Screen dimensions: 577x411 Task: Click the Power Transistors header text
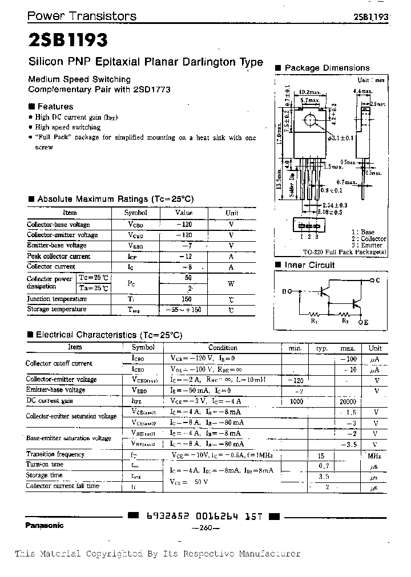(x=82, y=17)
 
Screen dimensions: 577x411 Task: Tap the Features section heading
(x=55, y=106)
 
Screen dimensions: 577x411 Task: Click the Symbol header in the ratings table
(x=135, y=213)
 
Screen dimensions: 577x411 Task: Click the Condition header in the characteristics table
(x=223, y=347)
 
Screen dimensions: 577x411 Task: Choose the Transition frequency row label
(x=55, y=454)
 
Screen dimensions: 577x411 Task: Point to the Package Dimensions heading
(x=327, y=68)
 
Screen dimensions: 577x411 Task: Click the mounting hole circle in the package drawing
(x=309, y=120)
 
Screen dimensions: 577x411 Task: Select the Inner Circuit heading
(x=309, y=265)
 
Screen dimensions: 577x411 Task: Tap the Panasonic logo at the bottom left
(x=44, y=525)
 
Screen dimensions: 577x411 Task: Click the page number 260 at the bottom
(x=203, y=529)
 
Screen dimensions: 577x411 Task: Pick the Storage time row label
(x=45, y=475)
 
